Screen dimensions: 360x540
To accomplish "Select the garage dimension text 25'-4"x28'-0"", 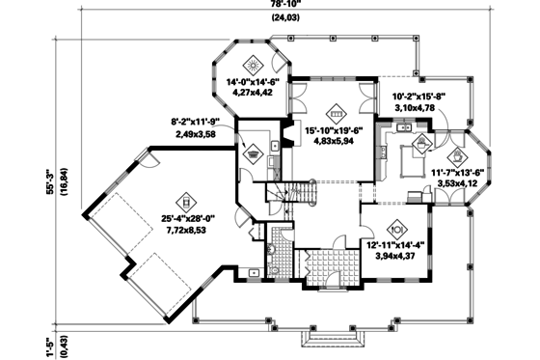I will (188, 220).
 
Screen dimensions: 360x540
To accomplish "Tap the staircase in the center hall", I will (299, 197).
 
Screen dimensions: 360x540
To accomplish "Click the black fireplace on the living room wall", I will (285, 131).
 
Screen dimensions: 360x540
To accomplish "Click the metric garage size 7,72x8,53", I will (188, 234).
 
